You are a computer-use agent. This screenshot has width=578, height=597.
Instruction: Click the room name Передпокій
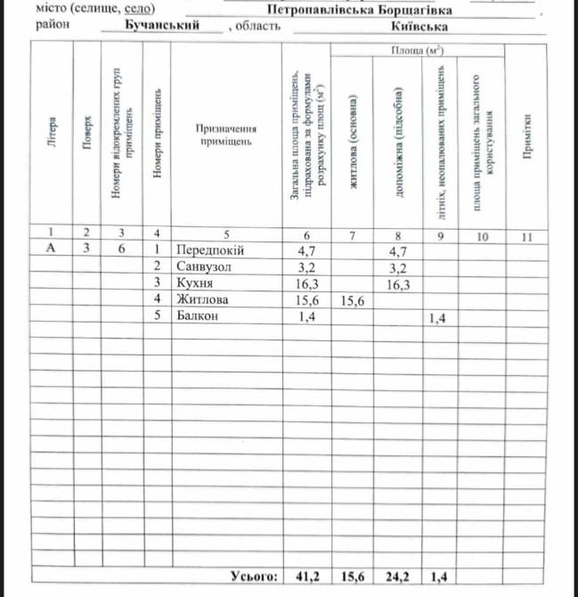(209, 250)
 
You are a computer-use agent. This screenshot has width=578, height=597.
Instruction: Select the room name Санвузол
(204, 266)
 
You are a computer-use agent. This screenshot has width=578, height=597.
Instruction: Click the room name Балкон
(197, 315)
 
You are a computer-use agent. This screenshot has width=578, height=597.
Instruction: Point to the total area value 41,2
(307, 577)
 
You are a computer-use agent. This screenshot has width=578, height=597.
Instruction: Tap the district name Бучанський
(161, 26)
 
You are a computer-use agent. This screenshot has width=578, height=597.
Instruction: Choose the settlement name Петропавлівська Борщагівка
(359, 10)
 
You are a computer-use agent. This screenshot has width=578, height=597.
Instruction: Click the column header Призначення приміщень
(226, 135)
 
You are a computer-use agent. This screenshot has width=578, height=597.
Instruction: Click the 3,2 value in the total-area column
(307, 266)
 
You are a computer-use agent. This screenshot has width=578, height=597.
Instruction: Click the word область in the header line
(258, 27)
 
